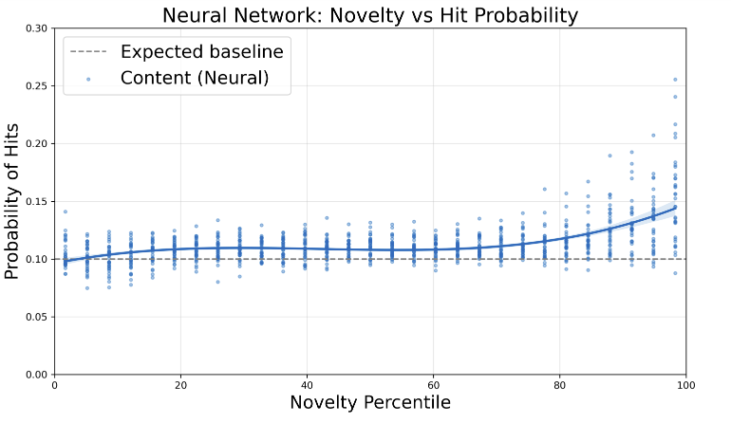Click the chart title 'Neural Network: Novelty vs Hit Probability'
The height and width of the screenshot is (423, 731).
click(369, 15)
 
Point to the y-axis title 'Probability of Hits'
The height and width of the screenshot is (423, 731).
click(12, 201)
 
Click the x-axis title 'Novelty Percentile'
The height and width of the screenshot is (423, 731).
click(369, 403)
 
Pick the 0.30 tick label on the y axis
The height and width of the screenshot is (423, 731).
click(36, 28)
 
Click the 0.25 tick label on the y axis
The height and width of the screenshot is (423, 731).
click(36, 86)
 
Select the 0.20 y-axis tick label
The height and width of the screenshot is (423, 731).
click(36, 144)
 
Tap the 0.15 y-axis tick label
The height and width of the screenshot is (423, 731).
click(36, 202)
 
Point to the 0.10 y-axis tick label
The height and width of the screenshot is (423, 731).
click(36, 259)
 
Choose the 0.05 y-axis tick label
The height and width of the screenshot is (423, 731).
click(36, 317)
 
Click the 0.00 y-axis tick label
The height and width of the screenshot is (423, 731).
click(36, 375)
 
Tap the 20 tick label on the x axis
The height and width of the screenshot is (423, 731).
click(180, 385)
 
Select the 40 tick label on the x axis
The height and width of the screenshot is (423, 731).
click(307, 385)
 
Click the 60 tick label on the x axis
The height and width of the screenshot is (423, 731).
click(433, 385)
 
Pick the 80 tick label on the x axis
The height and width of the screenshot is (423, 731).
click(559, 385)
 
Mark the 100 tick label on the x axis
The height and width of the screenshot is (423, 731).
click(685, 385)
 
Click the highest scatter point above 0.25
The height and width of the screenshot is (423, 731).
click(675, 80)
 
